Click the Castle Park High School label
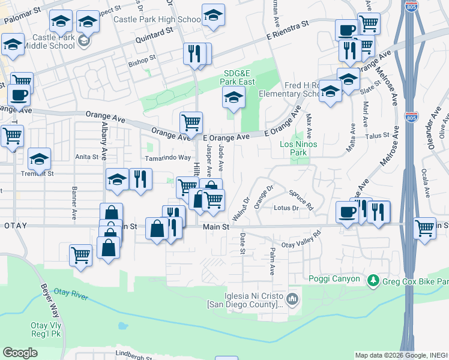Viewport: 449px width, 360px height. coord(157,19)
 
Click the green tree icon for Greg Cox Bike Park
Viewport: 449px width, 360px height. coord(373,280)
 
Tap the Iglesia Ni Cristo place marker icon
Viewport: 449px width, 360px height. coord(292,298)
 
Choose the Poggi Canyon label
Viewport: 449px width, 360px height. coord(334,279)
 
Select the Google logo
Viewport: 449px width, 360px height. coord(20,353)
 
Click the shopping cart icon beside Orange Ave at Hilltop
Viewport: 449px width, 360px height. coord(191,122)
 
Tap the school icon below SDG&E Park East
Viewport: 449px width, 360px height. coord(234,97)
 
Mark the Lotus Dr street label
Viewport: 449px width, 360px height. coord(286,208)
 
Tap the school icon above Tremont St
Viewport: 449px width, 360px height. coord(39,159)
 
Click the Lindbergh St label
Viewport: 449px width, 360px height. coord(134,356)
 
